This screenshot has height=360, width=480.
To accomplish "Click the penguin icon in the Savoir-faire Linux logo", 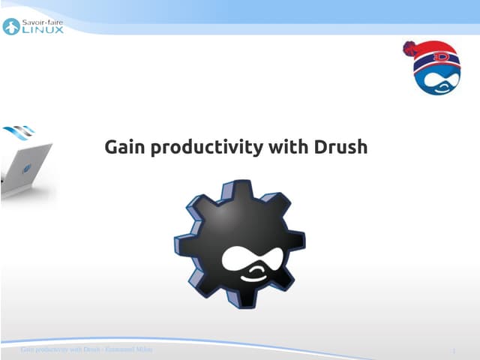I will point(10,27).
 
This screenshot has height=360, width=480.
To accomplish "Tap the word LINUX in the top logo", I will point(44,31).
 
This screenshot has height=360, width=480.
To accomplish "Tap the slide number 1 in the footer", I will point(455,351).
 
